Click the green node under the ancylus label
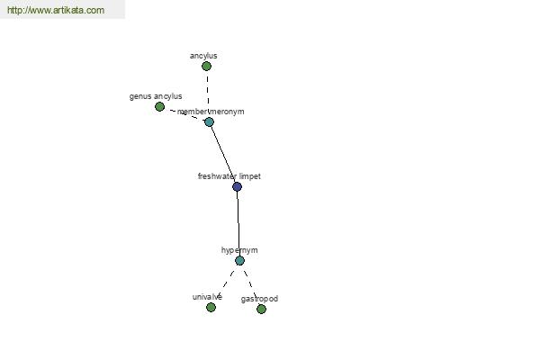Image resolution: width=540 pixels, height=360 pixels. (x=206, y=66)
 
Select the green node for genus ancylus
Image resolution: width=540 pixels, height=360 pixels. (x=159, y=107)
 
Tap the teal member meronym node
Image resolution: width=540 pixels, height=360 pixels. (x=209, y=122)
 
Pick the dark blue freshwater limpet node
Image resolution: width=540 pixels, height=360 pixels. (x=237, y=186)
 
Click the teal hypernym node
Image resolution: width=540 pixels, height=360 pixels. (x=239, y=261)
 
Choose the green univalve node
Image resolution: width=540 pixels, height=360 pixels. (x=211, y=307)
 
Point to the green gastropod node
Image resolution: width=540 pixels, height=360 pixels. (x=261, y=309)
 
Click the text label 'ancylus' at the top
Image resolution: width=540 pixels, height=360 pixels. (x=203, y=56)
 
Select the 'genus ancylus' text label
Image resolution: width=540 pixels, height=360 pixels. (x=156, y=96)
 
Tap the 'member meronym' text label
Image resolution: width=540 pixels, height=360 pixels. (x=211, y=112)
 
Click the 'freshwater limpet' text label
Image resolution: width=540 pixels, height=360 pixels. (x=229, y=176)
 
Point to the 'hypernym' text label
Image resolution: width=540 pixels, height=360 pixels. (x=239, y=250)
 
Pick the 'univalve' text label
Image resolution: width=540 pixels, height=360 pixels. (x=207, y=297)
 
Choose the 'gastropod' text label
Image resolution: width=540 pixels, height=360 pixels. (x=260, y=299)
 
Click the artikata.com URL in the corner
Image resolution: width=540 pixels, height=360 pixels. (x=56, y=10)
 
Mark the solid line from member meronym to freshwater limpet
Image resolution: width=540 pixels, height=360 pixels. (x=223, y=154)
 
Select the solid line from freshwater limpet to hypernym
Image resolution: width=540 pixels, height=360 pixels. (x=238, y=224)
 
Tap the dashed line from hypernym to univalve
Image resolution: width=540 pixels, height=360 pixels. (x=228, y=279)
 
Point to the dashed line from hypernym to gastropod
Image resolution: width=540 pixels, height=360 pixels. (x=249, y=280)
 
